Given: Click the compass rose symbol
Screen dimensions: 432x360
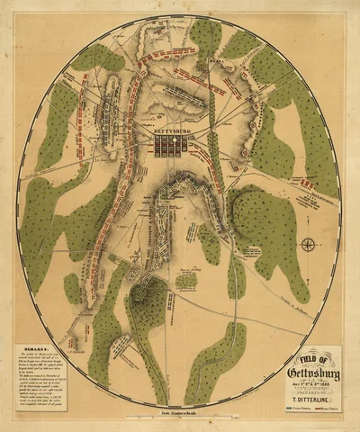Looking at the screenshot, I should pyautogui.click(x=307, y=244).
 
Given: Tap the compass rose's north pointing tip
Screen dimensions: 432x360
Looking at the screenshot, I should pyautogui.click(x=307, y=237).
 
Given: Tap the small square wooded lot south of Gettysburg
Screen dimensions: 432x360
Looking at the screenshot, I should pyautogui.click(x=186, y=280).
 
